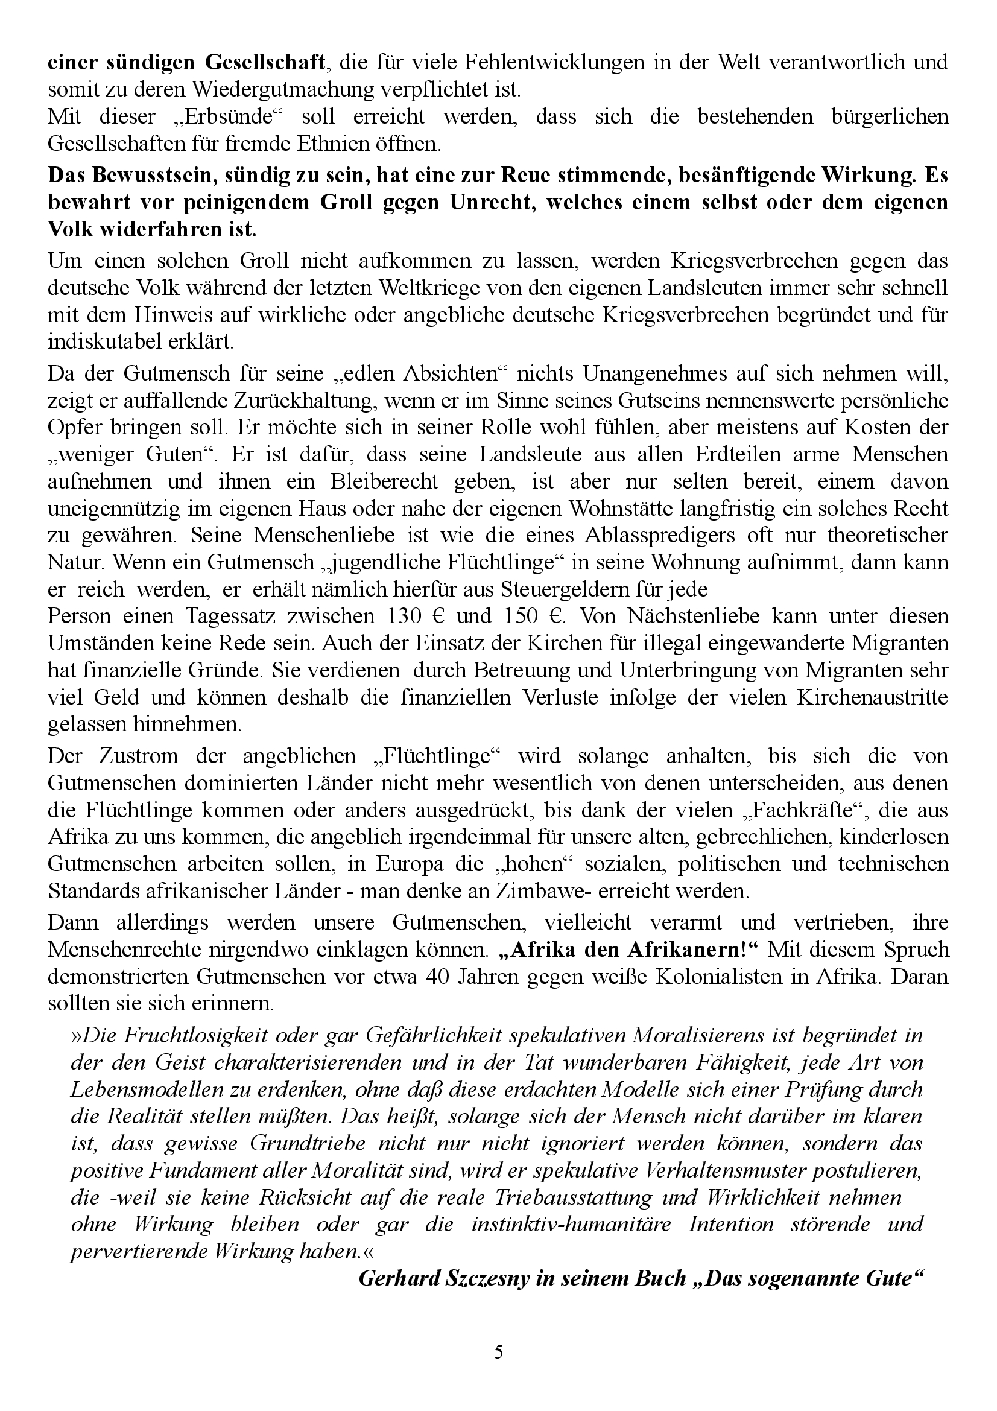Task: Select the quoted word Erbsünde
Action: click(207, 117)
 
